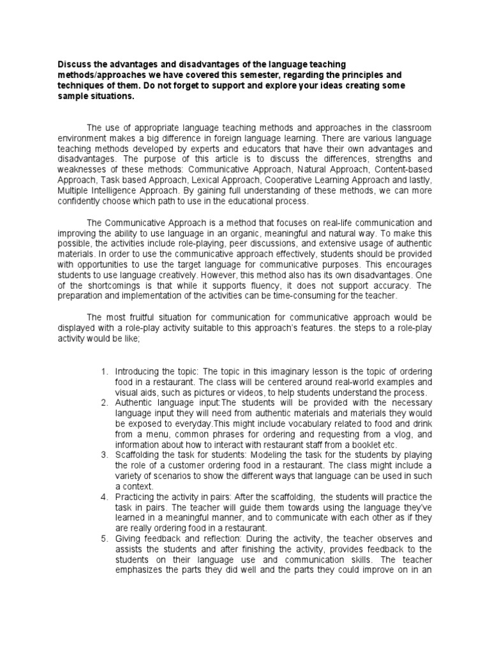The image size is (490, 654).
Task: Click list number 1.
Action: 105,372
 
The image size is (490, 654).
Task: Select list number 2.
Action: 105,402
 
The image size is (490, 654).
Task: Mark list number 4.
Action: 105,496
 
